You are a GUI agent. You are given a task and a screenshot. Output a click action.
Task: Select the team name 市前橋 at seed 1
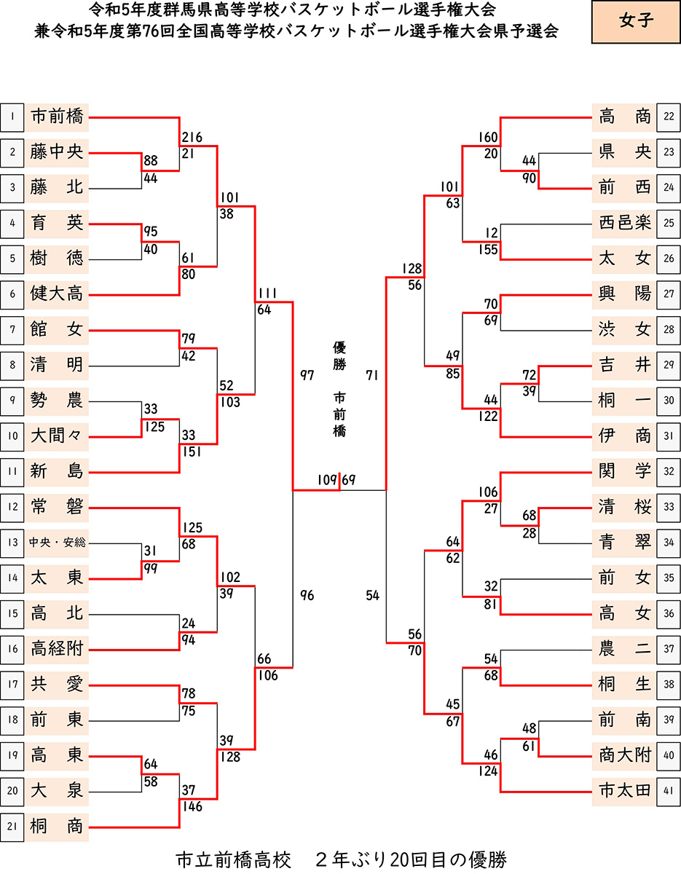pos(58,117)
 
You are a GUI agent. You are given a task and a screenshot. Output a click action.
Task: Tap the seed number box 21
pos(12,827)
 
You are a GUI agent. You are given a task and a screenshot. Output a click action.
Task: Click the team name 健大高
pos(58,294)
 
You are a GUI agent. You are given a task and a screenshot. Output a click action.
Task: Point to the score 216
pos(192,138)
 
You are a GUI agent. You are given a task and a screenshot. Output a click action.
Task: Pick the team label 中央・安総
pos(58,543)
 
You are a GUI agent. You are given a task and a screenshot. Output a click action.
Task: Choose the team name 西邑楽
pos(624,223)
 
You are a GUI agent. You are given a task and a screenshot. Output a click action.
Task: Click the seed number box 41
pos(669,791)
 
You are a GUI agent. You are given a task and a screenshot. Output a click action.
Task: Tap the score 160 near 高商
pos(488,138)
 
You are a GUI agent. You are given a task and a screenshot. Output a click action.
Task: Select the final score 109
pos(327,481)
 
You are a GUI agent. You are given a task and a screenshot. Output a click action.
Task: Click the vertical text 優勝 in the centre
pos(339,356)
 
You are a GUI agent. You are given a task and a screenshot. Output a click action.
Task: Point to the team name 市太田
pos(624,791)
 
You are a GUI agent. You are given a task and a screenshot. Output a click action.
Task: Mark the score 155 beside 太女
pos(488,250)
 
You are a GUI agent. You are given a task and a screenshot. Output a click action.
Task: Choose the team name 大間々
pos(58,436)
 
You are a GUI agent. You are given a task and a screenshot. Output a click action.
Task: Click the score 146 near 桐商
pos(192,806)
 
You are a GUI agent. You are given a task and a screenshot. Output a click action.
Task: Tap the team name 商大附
pos(624,755)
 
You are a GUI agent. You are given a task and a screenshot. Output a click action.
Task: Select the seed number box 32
pos(669,471)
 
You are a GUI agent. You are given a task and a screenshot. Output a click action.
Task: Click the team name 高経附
pos(58,649)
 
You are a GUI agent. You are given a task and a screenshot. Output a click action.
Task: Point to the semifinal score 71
pos(373,375)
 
